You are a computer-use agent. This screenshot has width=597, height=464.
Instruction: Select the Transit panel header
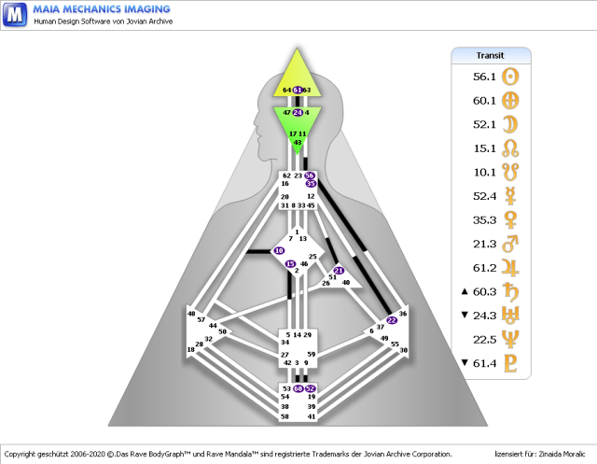click(x=490, y=55)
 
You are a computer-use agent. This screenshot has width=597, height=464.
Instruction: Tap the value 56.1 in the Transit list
click(x=484, y=77)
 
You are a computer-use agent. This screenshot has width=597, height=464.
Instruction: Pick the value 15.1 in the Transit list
click(x=484, y=147)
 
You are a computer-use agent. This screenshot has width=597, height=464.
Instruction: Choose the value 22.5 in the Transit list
click(x=484, y=339)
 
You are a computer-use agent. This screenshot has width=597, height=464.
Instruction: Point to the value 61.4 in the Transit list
click(x=484, y=363)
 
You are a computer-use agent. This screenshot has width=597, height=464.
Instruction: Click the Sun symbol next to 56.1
click(x=510, y=77)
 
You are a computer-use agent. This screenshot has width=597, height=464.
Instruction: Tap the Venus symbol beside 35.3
click(x=510, y=218)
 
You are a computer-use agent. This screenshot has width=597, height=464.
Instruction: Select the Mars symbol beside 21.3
click(x=510, y=243)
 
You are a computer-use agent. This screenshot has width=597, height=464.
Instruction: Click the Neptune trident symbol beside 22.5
click(x=510, y=339)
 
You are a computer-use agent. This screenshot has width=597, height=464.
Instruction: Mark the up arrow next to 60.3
click(x=465, y=291)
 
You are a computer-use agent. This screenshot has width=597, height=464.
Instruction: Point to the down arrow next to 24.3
click(x=465, y=316)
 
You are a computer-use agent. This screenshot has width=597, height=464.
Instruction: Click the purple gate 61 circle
click(x=298, y=90)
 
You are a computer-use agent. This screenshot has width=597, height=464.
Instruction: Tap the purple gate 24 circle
click(x=298, y=112)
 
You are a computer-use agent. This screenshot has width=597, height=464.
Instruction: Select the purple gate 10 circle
click(x=279, y=251)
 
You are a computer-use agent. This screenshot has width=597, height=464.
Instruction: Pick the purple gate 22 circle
click(x=392, y=320)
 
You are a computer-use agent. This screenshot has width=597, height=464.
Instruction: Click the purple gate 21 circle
click(x=339, y=271)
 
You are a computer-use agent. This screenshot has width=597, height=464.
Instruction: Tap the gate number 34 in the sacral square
click(x=285, y=343)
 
